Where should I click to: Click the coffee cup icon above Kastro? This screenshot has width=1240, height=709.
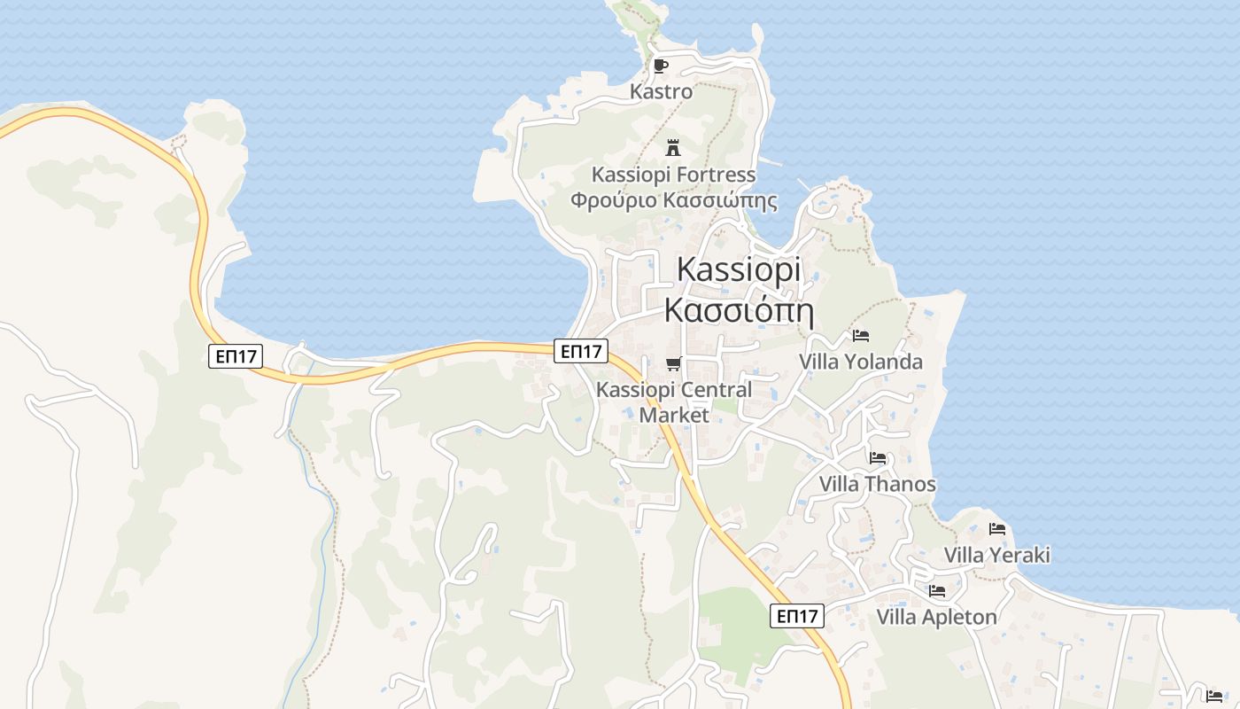point(660,66)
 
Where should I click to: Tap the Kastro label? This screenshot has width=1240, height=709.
point(661,91)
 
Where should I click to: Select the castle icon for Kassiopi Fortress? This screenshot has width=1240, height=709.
point(673,148)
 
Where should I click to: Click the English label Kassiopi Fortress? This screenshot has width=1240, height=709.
point(673,174)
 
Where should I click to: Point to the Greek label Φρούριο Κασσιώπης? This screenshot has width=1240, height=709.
point(673,200)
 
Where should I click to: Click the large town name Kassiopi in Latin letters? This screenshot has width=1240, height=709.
point(739,269)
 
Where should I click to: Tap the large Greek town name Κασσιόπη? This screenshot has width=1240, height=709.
point(739,311)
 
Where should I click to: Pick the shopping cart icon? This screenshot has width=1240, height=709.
point(674,364)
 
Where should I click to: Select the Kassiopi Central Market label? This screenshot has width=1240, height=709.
point(674,402)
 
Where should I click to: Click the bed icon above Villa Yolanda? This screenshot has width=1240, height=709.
point(861,336)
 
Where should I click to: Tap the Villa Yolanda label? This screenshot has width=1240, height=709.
point(861,362)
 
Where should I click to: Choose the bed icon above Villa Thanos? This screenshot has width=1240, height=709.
point(878,458)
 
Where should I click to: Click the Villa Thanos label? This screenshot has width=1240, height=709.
point(878,484)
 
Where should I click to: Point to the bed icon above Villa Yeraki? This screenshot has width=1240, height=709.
point(997,529)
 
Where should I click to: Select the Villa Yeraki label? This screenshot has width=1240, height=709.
point(997,555)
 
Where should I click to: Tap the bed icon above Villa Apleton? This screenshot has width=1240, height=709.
point(937,591)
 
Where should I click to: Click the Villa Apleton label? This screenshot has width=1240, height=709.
point(937,617)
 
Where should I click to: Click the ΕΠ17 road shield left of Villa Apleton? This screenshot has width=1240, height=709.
point(797,616)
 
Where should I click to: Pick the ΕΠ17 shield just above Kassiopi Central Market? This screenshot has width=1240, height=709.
point(581,351)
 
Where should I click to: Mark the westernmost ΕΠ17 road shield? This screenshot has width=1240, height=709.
point(236,357)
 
